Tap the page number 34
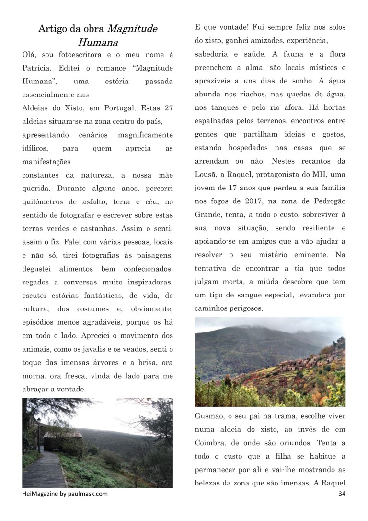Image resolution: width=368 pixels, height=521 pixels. click(x=341, y=494)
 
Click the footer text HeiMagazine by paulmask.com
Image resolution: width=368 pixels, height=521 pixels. click(x=65, y=494)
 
